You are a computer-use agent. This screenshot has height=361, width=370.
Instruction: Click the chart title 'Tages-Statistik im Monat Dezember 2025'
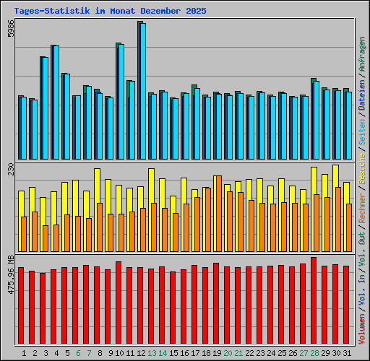(110, 12)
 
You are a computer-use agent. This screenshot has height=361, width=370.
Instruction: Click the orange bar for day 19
(218, 213)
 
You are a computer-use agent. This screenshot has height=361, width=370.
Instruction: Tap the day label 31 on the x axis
(346, 353)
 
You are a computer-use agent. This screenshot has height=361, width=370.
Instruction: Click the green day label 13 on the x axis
(151, 353)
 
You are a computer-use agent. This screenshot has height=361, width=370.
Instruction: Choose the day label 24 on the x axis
(270, 353)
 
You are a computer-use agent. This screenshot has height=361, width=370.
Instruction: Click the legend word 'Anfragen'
(361, 54)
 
